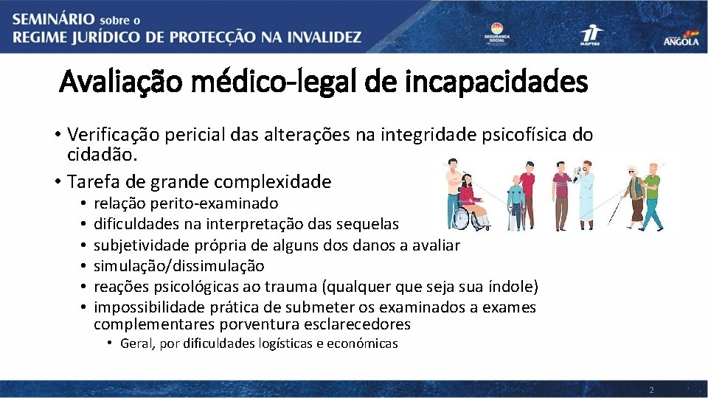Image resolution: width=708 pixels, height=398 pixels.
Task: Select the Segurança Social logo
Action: tap(496, 34)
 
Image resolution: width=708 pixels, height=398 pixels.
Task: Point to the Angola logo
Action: tap(681, 39)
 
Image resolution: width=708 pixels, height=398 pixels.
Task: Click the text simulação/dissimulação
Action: tap(179, 265)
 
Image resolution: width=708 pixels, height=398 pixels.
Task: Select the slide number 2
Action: tap(651, 389)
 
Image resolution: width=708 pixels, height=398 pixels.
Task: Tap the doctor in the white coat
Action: tap(585, 193)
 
